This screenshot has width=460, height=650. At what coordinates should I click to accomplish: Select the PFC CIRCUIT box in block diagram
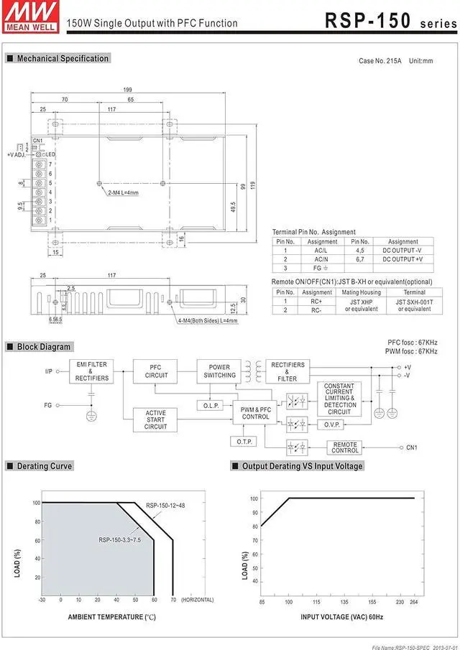157,372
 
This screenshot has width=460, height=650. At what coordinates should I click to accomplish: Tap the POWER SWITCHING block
219,371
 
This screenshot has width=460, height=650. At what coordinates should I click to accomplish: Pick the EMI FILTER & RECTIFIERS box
92,372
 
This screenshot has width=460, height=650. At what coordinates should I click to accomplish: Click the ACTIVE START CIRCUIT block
156,419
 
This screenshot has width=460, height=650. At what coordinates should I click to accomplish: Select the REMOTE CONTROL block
345,447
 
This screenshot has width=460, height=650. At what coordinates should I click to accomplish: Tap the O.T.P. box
244,441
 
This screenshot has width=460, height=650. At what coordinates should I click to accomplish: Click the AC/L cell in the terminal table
322,251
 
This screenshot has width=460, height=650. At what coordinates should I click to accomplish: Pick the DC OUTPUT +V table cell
402,259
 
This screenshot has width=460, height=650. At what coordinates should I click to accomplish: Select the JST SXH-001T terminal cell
414,305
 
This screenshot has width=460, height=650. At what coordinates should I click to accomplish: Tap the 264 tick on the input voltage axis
415,601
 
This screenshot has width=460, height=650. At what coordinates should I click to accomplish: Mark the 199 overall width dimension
128,90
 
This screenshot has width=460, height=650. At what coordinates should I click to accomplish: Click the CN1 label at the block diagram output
412,448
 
